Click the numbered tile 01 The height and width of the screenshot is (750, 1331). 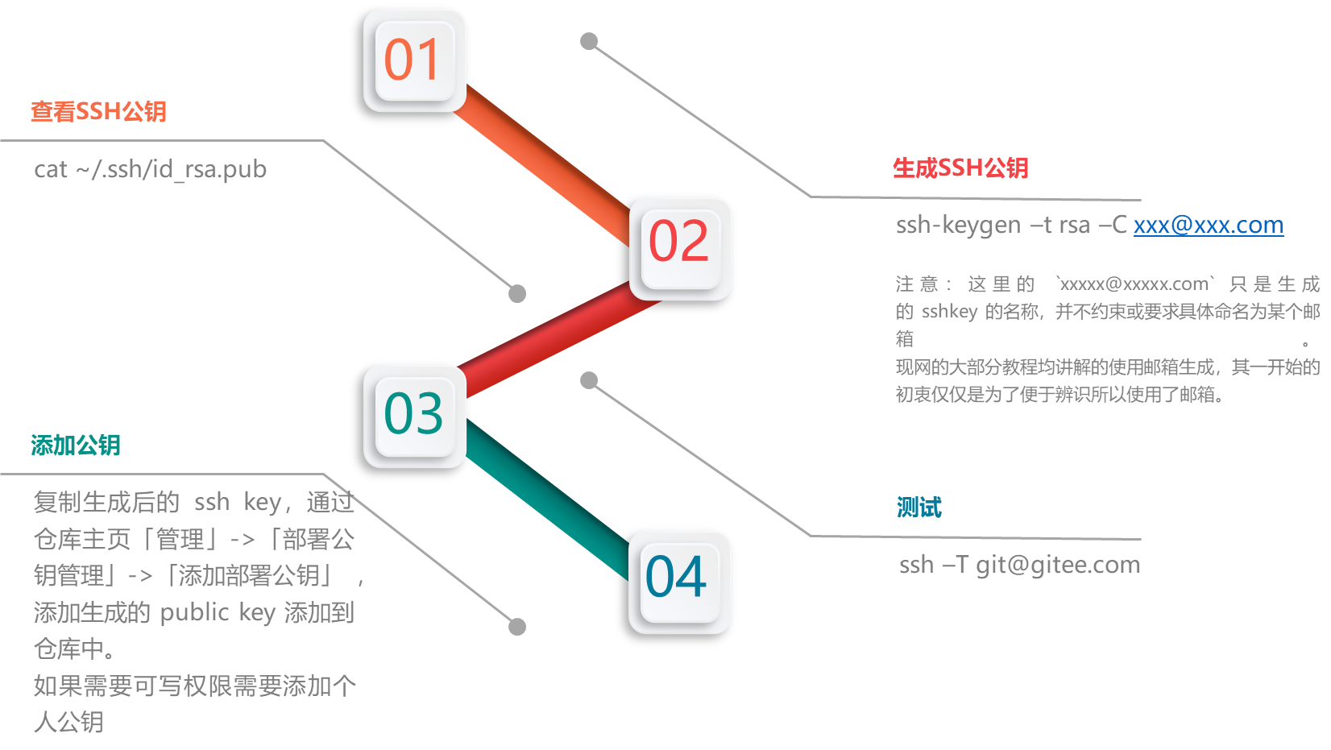[x=414, y=60]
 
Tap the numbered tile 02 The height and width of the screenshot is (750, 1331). [x=680, y=248]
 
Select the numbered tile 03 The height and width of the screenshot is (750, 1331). [x=414, y=416]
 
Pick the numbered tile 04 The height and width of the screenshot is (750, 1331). [x=679, y=582]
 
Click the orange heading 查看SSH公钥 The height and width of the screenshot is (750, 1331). [x=98, y=111]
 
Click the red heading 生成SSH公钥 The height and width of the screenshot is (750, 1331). [x=960, y=168]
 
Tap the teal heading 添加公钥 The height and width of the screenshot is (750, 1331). [x=76, y=445]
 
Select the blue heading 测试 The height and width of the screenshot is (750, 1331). [x=919, y=507]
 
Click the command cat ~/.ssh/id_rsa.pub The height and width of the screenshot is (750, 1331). [x=150, y=169]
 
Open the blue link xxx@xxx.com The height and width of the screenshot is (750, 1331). [x=1209, y=225]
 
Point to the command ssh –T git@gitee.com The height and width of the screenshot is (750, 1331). [x=1019, y=565]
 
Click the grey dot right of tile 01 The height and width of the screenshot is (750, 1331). [x=589, y=41]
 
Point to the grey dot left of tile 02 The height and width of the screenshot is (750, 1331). [x=517, y=294]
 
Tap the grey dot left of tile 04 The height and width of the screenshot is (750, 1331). [x=517, y=627]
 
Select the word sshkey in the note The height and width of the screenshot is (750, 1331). [x=949, y=312]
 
